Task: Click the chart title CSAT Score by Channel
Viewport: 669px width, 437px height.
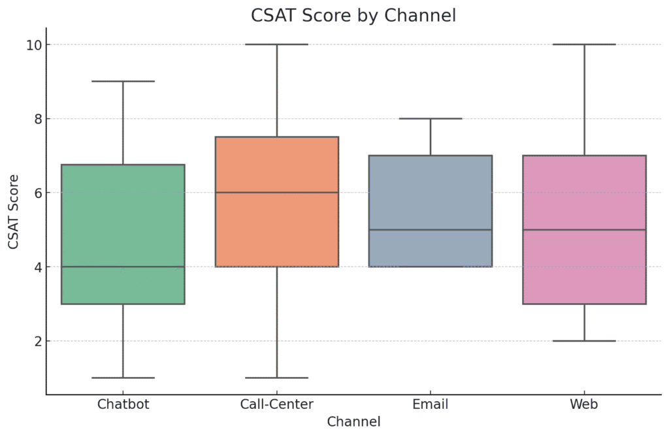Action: [353, 16]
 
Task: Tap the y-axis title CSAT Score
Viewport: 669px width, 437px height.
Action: [14, 211]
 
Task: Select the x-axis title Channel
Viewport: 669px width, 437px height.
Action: [353, 422]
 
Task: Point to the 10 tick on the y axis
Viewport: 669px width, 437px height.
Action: [34, 44]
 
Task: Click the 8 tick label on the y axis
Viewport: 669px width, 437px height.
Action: [37, 119]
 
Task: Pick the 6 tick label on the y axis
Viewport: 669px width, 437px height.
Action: [37, 193]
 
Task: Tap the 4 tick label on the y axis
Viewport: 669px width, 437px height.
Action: [37, 267]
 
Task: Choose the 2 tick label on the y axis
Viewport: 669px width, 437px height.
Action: [37, 341]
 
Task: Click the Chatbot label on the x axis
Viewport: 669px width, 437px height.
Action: [123, 404]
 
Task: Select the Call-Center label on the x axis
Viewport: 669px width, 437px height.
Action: [276, 404]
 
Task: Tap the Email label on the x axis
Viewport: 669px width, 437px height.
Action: [431, 404]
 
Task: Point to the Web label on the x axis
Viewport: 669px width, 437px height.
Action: [584, 404]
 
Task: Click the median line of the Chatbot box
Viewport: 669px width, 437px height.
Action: [123, 267]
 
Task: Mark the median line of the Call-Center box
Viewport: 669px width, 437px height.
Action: [276, 193]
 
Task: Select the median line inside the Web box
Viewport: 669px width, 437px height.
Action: [584, 230]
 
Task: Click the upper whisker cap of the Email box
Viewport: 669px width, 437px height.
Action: [431, 119]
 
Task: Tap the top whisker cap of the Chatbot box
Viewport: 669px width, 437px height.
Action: [123, 82]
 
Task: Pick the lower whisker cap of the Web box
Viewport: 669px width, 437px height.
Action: [584, 341]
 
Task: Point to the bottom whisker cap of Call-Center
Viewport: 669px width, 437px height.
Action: [276, 378]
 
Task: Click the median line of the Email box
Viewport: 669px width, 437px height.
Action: [431, 230]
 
